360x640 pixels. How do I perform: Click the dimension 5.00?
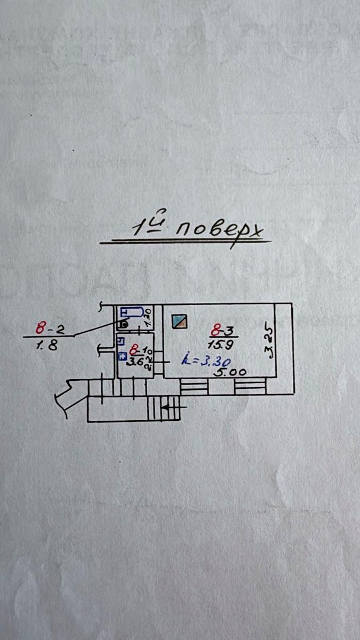click(x=230, y=372)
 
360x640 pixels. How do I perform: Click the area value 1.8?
click(x=47, y=345)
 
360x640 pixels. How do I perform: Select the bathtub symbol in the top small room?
click(x=131, y=312)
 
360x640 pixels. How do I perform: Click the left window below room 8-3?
click(x=194, y=387)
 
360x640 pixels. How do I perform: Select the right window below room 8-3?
click(x=250, y=387)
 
